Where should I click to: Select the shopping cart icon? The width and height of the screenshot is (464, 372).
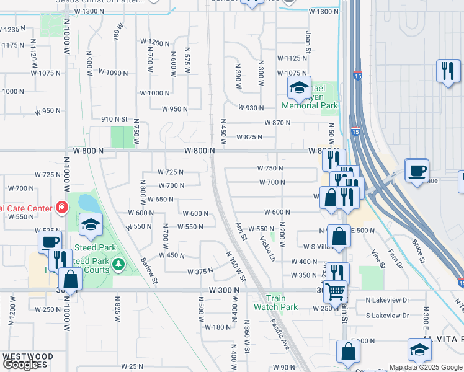(336, 290)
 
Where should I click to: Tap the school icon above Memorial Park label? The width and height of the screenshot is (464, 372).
(299, 89)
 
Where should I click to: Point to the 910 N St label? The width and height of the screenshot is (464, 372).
(114, 119)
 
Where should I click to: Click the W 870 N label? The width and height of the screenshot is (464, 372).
(277, 123)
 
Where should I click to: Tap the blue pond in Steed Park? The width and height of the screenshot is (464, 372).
(88, 202)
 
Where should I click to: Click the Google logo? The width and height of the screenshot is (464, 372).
(20, 365)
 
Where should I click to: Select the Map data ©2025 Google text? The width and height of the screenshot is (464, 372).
(425, 367)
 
